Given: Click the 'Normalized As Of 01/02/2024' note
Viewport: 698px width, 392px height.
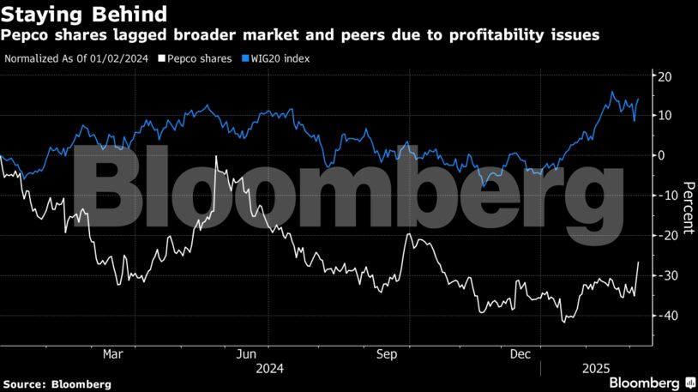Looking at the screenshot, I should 75,58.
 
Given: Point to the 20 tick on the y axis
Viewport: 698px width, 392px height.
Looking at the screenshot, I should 665,75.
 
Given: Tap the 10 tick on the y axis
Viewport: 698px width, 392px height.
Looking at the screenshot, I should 665,115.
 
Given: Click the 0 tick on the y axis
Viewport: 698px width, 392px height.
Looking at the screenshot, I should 662,155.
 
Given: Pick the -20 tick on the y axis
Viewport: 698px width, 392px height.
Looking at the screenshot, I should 665,235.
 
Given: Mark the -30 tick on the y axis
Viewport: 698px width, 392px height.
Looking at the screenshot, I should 665,275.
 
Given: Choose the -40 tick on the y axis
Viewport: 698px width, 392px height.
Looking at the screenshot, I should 665,315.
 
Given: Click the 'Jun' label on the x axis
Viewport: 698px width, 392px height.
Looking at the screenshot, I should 247,353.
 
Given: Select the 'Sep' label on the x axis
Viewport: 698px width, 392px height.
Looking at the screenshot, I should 385,353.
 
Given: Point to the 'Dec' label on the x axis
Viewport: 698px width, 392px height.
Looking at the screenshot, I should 520,353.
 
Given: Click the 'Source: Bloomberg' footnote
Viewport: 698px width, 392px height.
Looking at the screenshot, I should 57,383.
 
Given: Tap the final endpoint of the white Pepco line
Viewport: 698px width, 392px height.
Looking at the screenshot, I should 638,262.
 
